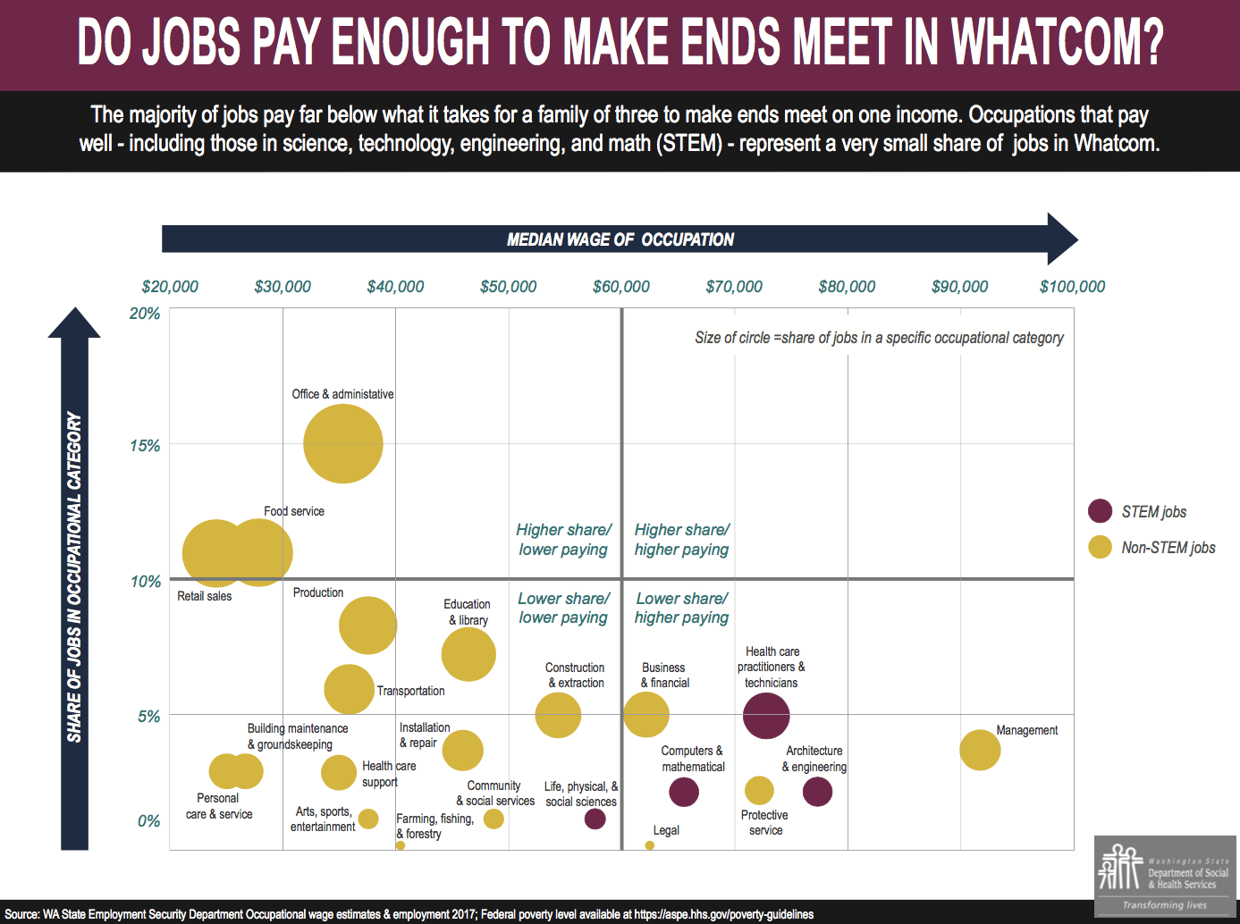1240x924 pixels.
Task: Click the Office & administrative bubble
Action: coord(343,444)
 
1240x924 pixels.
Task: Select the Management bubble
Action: coord(980,750)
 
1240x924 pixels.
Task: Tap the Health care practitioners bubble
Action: coord(766,716)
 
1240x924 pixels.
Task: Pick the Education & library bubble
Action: coord(468,654)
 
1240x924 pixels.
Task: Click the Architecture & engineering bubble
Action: coord(817,792)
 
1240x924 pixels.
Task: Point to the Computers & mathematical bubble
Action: coord(684,792)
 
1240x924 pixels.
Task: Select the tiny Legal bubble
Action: coord(649,845)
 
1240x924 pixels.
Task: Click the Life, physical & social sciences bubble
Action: coord(595,818)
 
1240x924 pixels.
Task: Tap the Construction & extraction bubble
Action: coord(558,715)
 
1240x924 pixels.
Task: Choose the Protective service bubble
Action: coord(759,790)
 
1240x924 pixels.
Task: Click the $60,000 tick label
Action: coord(621,287)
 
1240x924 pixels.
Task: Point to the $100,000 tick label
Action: coord(1072,287)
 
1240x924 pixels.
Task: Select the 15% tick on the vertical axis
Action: coord(146,446)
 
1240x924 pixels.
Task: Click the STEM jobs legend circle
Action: coord(1100,511)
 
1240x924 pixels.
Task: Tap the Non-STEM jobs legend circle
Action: coord(1100,547)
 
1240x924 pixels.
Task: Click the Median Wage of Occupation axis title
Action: coord(620,239)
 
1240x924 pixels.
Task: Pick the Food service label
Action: coord(294,511)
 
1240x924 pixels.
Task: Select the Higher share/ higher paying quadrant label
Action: coord(681,540)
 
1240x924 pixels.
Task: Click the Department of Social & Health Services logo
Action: coord(1165,877)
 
